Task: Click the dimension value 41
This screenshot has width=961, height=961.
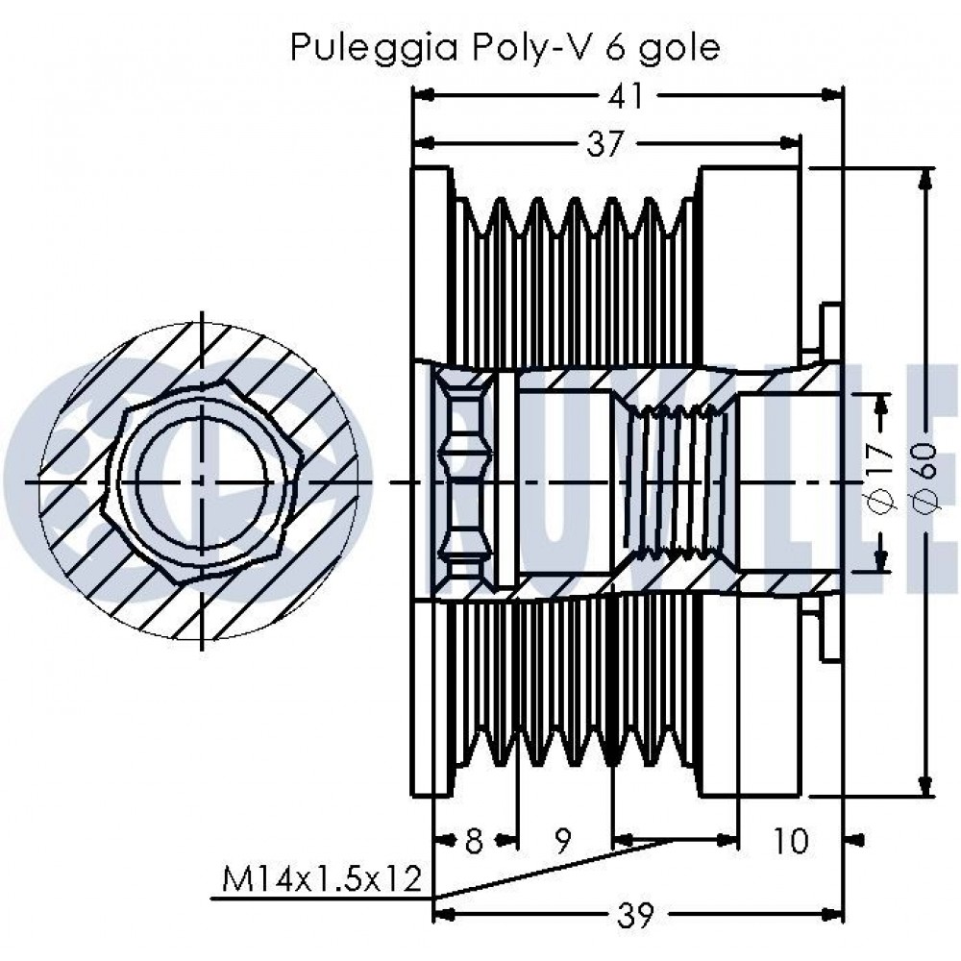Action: (x=628, y=96)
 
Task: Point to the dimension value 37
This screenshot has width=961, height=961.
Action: (x=606, y=144)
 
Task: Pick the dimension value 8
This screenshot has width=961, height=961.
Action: (x=473, y=842)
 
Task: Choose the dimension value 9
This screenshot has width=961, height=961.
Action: (x=564, y=842)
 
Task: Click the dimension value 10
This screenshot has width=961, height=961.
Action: (x=791, y=842)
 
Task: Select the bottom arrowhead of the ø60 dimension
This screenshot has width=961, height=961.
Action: (x=926, y=786)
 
